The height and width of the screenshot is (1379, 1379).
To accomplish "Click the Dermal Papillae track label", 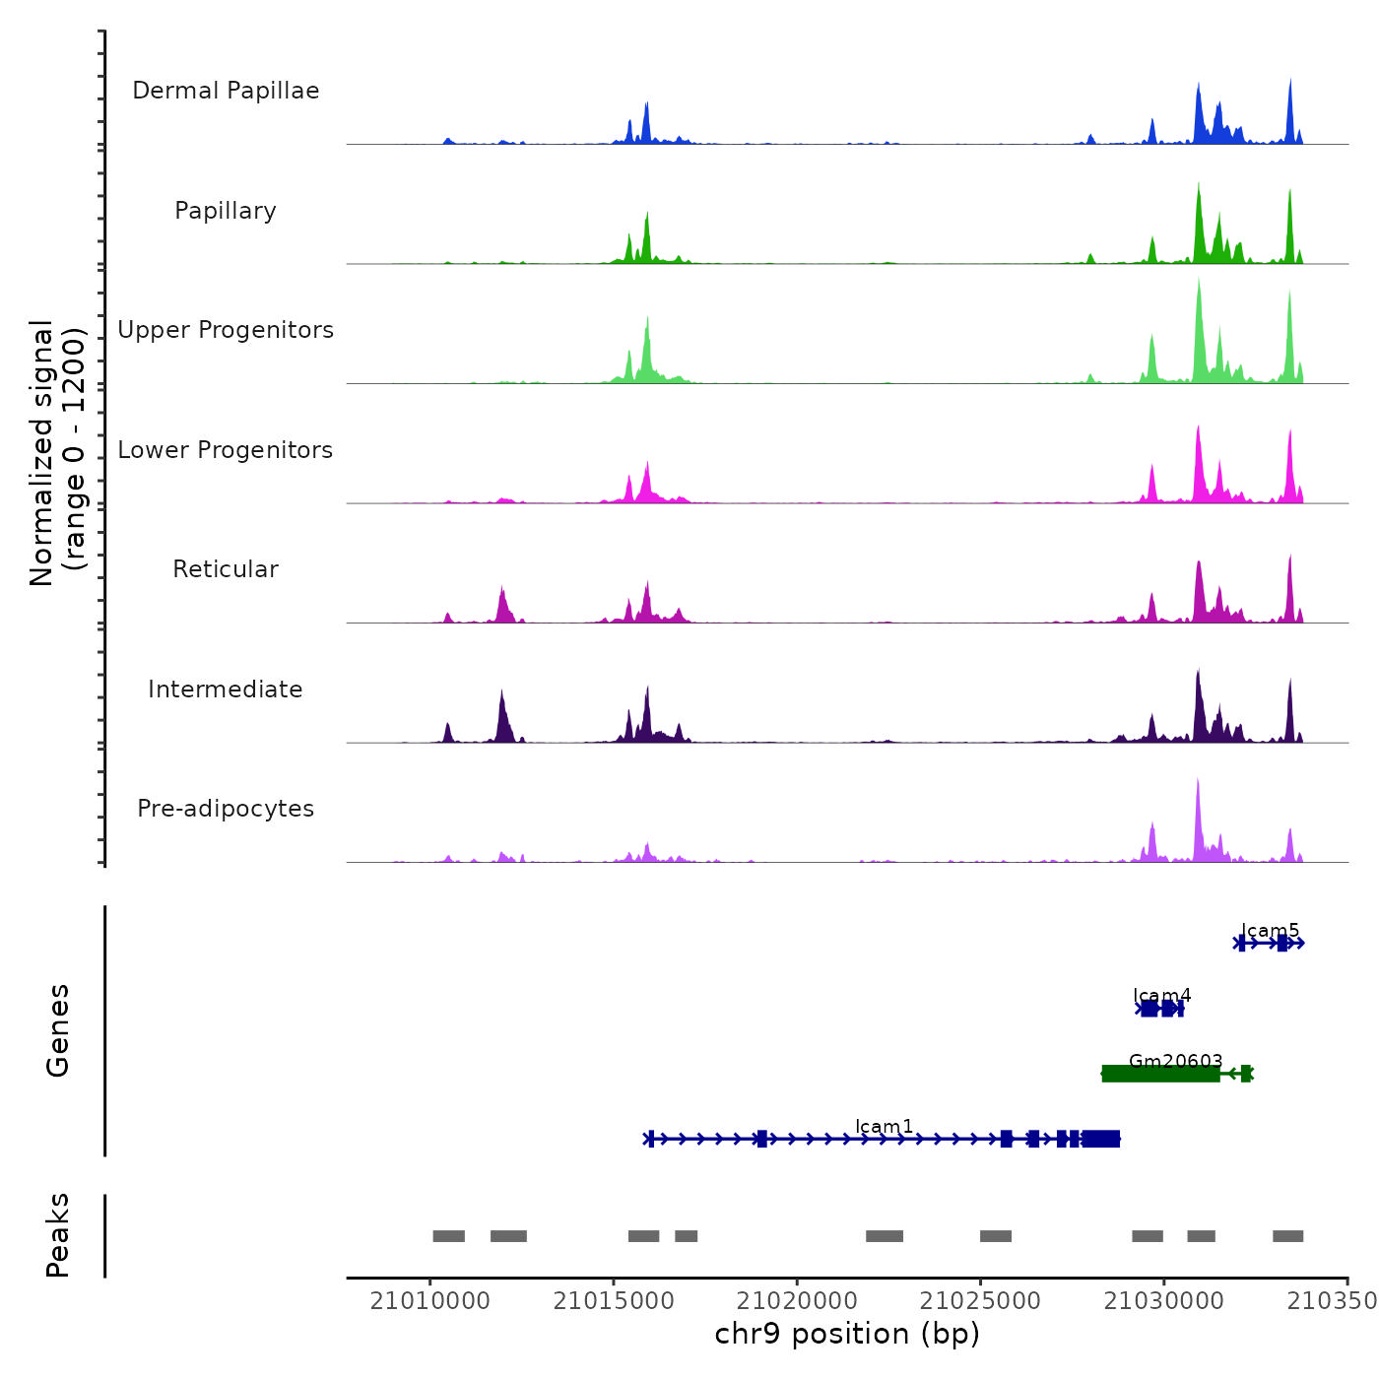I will pos(226,91).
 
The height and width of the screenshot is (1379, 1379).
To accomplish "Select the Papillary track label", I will pos(226,211).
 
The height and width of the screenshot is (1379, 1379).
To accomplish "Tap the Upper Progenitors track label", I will pos(226,330).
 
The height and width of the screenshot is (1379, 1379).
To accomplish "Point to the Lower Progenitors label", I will pos(226,450).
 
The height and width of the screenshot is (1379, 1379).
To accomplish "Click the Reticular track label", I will pos(226,569).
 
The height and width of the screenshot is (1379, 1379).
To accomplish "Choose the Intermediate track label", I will pos(226,689).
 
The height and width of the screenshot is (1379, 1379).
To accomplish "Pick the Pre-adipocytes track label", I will pos(226,809).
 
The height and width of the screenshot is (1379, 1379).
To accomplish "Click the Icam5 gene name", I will pos(1270,931).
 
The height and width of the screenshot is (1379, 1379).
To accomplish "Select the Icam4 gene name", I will pos(1161,996).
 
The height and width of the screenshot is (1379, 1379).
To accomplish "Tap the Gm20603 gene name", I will pos(1175,1061).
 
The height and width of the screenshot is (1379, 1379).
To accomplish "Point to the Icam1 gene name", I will pos(884,1126).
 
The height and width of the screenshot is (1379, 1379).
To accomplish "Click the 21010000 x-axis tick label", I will pos(429,1301).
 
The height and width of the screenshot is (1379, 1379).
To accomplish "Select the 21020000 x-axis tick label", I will pos(797,1301).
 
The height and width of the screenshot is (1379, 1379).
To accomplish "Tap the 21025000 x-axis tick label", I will pos(980,1301).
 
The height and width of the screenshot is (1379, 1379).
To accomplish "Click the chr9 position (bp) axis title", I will pos(847,1334).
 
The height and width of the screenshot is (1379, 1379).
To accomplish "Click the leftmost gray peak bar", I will pos(448,1236).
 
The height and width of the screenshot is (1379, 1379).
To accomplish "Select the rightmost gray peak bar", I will pos(1287,1236).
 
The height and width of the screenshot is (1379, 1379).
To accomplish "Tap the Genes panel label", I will pos(58,1030).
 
